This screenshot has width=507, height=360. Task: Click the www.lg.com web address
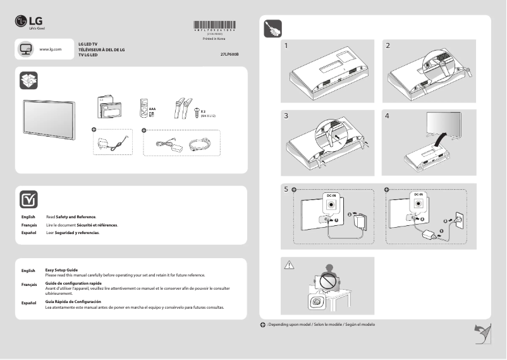pos(50,49)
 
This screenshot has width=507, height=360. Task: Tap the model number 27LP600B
pos(229,54)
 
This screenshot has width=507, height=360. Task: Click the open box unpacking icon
pos(29,80)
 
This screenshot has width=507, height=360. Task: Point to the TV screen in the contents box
pos(49,118)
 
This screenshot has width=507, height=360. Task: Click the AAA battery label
pos(152,108)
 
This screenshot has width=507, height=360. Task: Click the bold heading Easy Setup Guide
pos(61,270)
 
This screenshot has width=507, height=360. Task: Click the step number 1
pos(287,46)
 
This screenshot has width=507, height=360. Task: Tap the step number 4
pos(388,116)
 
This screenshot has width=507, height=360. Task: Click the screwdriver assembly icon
pos(272,29)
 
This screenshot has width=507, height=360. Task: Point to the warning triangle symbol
pos(290,265)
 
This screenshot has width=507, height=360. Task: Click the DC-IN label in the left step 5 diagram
pos(332,196)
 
